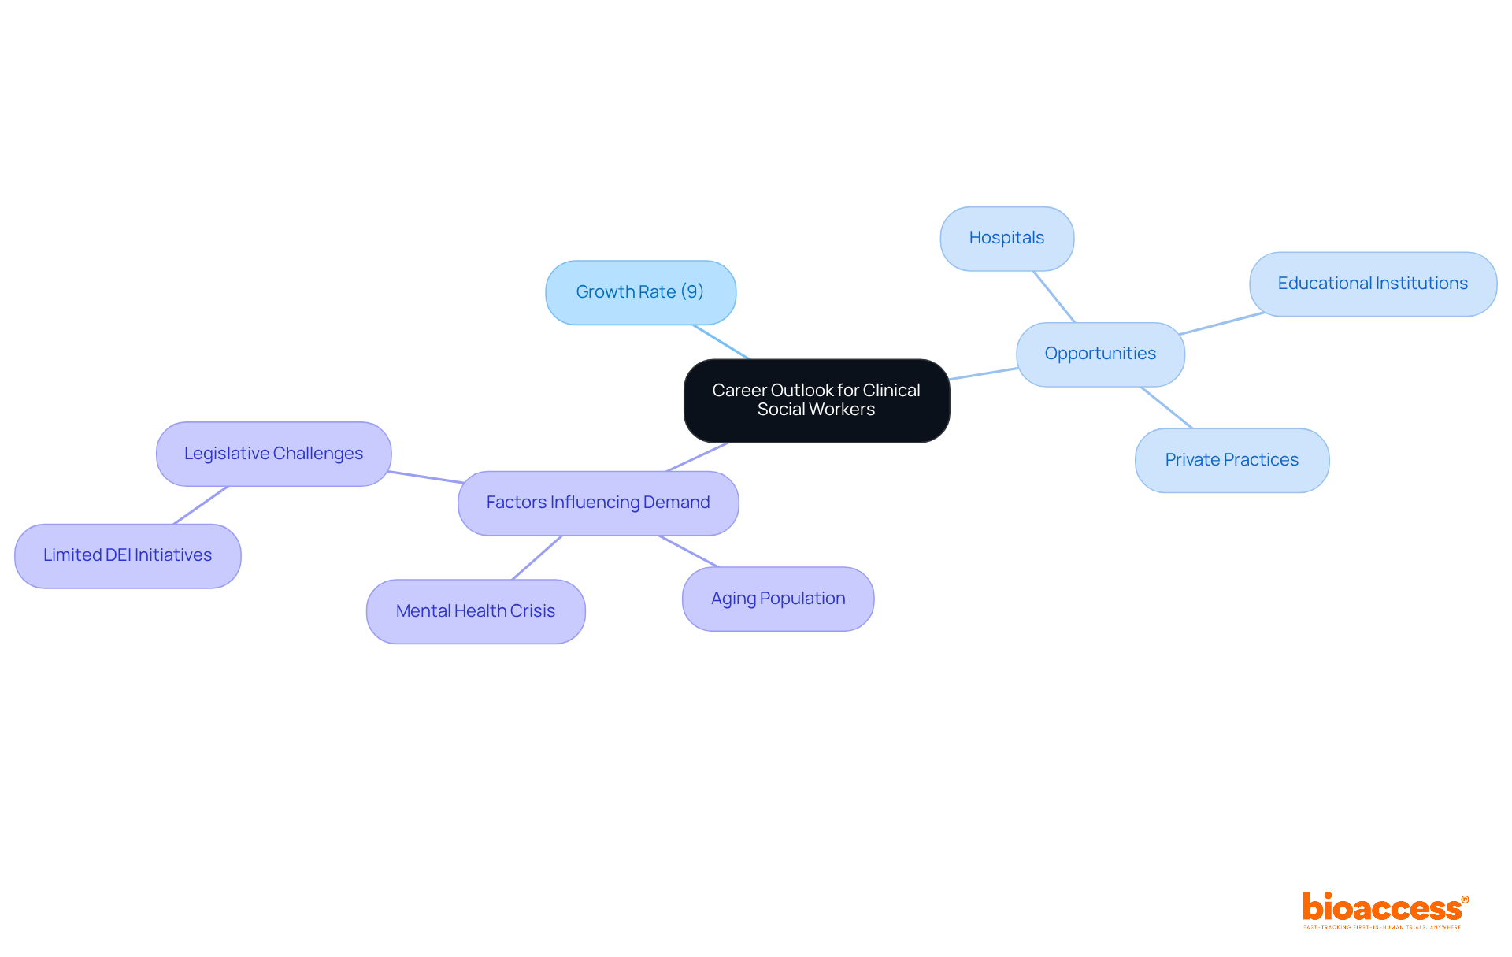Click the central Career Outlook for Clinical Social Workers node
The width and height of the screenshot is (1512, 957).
[817, 400]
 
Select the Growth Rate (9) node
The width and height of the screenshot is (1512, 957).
[640, 292]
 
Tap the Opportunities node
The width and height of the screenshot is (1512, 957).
[1100, 354]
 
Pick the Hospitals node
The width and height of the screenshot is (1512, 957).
[1006, 238]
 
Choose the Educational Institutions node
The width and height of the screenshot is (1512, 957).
[1372, 284]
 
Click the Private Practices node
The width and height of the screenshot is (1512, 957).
[1232, 460]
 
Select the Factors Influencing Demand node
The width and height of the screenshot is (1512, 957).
[598, 503]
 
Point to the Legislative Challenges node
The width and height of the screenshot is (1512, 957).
[273, 454]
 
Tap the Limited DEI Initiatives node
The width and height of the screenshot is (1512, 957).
[128, 555]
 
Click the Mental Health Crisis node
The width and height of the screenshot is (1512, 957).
[476, 611]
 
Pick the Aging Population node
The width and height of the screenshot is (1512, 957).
[778, 599]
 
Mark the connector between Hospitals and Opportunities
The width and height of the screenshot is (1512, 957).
[1054, 296]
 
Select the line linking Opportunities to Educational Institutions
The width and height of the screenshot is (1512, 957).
[1221, 323]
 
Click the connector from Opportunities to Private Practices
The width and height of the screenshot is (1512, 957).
[1166, 407]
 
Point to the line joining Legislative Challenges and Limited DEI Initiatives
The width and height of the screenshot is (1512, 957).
[201, 505]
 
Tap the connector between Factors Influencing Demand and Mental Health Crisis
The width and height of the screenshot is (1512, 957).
[537, 558]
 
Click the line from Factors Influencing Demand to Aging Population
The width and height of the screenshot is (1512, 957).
[688, 551]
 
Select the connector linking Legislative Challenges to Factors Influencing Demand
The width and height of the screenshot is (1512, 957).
[425, 477]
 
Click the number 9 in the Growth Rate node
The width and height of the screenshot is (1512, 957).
[692, 291]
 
